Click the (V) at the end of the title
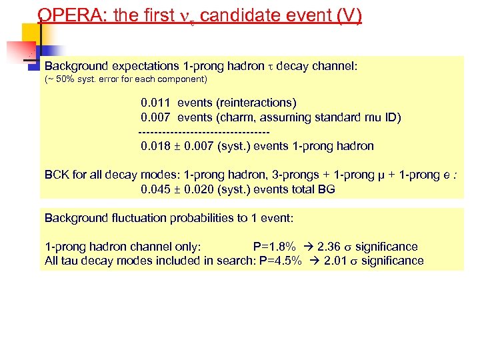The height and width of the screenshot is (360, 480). point(350,16)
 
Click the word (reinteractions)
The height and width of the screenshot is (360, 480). point(257,103)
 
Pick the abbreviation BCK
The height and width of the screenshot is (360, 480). point(57,175)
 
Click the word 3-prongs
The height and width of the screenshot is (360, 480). point(296,175)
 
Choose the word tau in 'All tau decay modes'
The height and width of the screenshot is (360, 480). point(69,261)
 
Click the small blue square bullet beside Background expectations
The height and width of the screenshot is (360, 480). point(31,66)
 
